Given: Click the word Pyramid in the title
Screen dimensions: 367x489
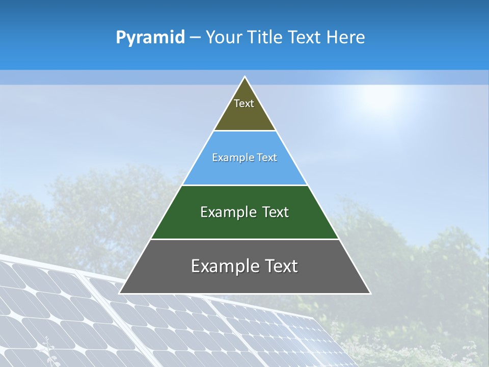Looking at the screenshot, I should (150, 38).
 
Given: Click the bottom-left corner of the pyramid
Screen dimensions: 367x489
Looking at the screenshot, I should (119, 293).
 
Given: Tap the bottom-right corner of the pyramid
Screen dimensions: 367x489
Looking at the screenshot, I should (370, 293).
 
